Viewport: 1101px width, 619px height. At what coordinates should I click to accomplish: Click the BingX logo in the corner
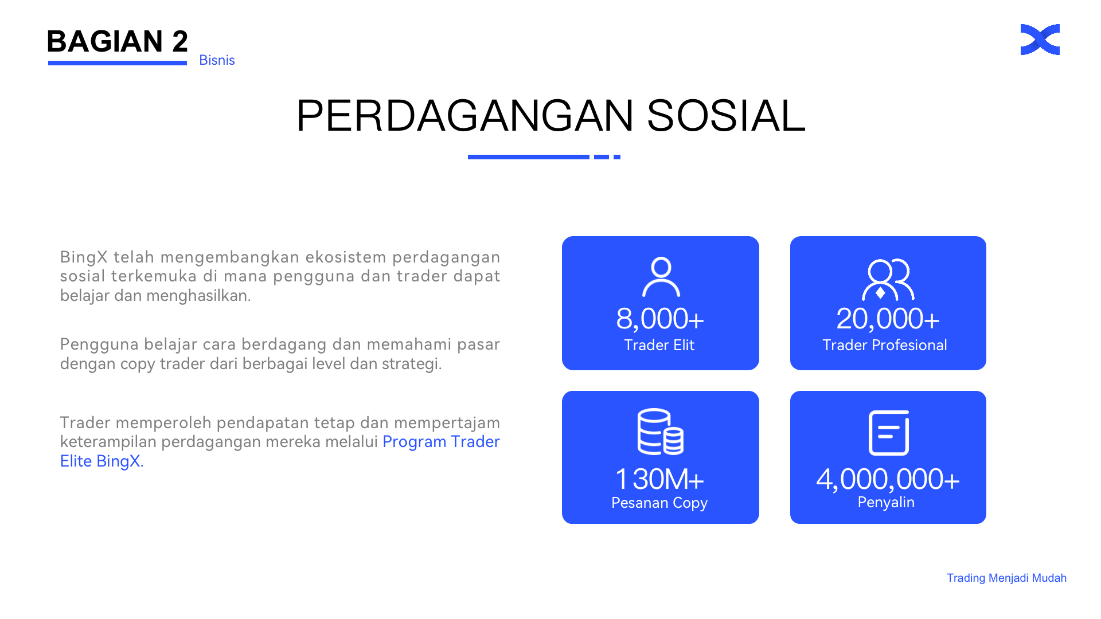pyautogui.click(x=1040, y=40)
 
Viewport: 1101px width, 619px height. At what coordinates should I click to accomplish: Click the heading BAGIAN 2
pyautogui.click(x=118, y=41)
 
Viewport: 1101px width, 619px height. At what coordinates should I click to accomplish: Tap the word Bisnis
pyautogui.click(x=217, y=60)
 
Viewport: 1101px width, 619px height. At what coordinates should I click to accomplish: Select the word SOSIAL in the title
pyautogui.click(x=726, y=116)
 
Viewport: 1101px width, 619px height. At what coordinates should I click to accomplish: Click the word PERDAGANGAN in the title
pyautogui.click(x=465, y=116)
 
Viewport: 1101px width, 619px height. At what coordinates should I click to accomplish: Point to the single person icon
pyautogui.click(x=661, y=277)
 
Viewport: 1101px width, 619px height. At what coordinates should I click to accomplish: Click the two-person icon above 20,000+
pyautogui.click(x=888, y=280)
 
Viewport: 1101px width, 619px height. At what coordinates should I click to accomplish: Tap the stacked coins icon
pyautogui.click(x=661, y=432)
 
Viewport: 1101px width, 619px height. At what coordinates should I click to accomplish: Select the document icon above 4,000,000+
pyautogui.click(x=889, y=433)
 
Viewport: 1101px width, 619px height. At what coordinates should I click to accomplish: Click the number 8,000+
pyautogui.click(x=660, y=319)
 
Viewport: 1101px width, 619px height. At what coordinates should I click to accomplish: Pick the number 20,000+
pyautogui.click(x=888, y=319)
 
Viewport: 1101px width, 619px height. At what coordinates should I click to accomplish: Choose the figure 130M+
pyautogui.click(x=659, y=479)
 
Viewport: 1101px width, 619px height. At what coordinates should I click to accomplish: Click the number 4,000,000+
pyautogui.click(x=888, y=479)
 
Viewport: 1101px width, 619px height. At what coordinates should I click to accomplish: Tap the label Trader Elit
pyautogui.click(x=659, y=345)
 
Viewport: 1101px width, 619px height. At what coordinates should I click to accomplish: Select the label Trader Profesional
pyautogui.click(x=885, y=345)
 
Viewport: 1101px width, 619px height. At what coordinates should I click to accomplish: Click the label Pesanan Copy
pyautogui.click(x=659, y=503)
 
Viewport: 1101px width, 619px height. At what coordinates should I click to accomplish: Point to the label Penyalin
pyautogui.click(x=886, y=502)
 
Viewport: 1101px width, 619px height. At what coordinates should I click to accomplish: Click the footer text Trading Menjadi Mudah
pyautogui.click(x=1006, y=578)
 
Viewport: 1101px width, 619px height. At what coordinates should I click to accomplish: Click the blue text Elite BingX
pyautogui.click(x=101, y=461)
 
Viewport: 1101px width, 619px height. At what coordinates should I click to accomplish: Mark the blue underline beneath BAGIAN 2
pyautogui.click(x=118, y=63)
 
